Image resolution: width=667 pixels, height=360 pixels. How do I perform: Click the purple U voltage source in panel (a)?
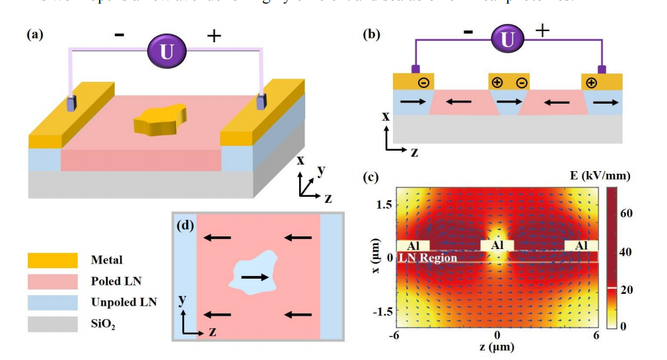click(166, 51)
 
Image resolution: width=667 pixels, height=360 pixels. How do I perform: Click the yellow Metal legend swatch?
click(51, 260)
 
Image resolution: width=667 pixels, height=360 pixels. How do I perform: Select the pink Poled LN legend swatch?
click(51, 281)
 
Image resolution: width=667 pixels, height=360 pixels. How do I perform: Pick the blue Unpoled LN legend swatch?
click(51, 302)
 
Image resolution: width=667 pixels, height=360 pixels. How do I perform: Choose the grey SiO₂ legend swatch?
click(51, 323)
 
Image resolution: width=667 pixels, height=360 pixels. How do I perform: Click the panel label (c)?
click(371, 176)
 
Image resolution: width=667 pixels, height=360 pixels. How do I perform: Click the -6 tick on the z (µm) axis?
click(395, 336)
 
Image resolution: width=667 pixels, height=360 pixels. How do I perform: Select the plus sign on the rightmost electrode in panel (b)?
click(591, 83)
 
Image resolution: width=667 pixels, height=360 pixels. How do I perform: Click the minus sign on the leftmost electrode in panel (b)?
click(423, 83)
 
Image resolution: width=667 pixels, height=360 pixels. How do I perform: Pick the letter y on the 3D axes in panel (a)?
click(321, 170)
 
